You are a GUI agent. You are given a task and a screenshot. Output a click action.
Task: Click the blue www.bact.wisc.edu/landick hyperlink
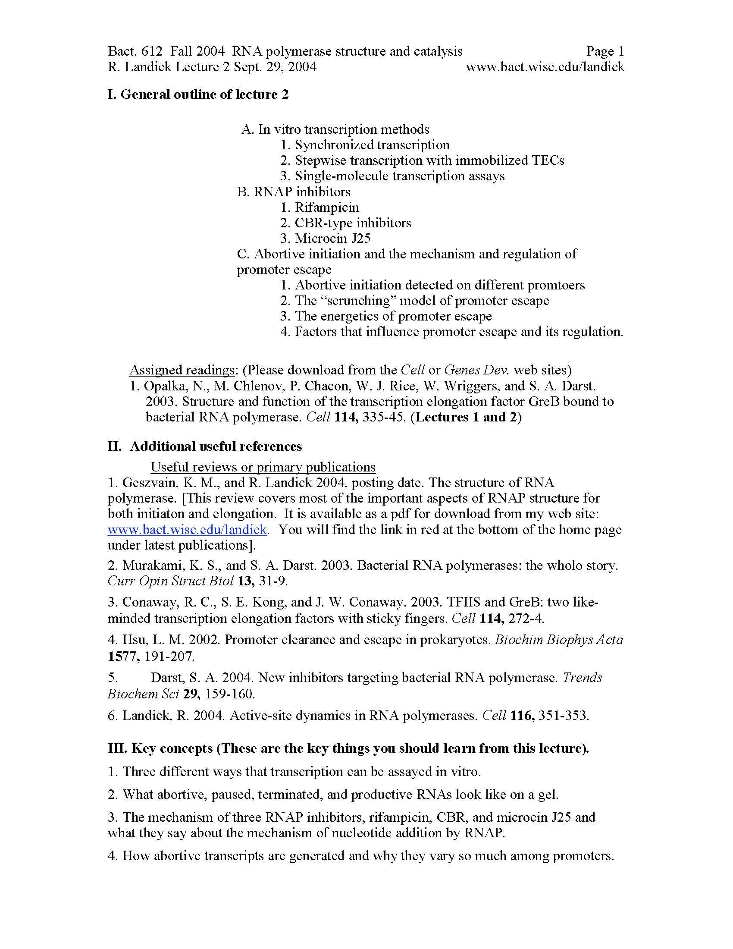(x=187, y=529)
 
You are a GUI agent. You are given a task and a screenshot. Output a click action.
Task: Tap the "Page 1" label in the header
(x=605, y=51)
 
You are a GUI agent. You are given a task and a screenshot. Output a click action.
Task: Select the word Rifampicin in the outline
(x=327, y=207)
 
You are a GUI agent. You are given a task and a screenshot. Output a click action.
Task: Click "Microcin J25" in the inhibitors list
(x=332, y=238)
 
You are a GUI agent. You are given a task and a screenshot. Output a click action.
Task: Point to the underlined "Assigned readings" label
(x=182, y=370)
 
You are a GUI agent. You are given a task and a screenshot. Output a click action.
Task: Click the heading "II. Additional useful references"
(x=205, y=446)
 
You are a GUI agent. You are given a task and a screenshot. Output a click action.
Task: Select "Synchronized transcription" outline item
(x=372, y=145)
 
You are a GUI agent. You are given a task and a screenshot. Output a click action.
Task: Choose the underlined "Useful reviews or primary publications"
(x=263, y=467)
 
